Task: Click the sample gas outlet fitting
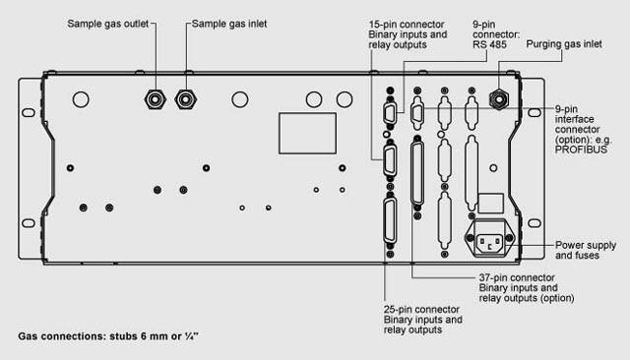tap(155, 99)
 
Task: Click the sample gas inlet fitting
tap(186, 99)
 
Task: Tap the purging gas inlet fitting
tap(499, 99)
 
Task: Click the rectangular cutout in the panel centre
tap(307, 133)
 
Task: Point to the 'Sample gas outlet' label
tap(108, 24)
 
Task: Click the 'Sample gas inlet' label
tap(229, 24)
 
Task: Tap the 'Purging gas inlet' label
tap(564, 44)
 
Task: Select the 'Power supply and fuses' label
tap(586, 250)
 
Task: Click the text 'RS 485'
tap(489, 44)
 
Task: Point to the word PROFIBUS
tap(581, 150)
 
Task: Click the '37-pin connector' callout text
tap(517, 277)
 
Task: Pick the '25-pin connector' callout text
tap(421, 310)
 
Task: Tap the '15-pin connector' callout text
tap(407, 24)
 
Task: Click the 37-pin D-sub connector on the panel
tap(417, 173)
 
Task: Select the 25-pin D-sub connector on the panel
tap(390, 220)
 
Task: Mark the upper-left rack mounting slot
tap(29, 112)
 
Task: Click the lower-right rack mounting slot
tap(534, 222)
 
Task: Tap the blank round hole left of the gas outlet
tap(81, 99)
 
